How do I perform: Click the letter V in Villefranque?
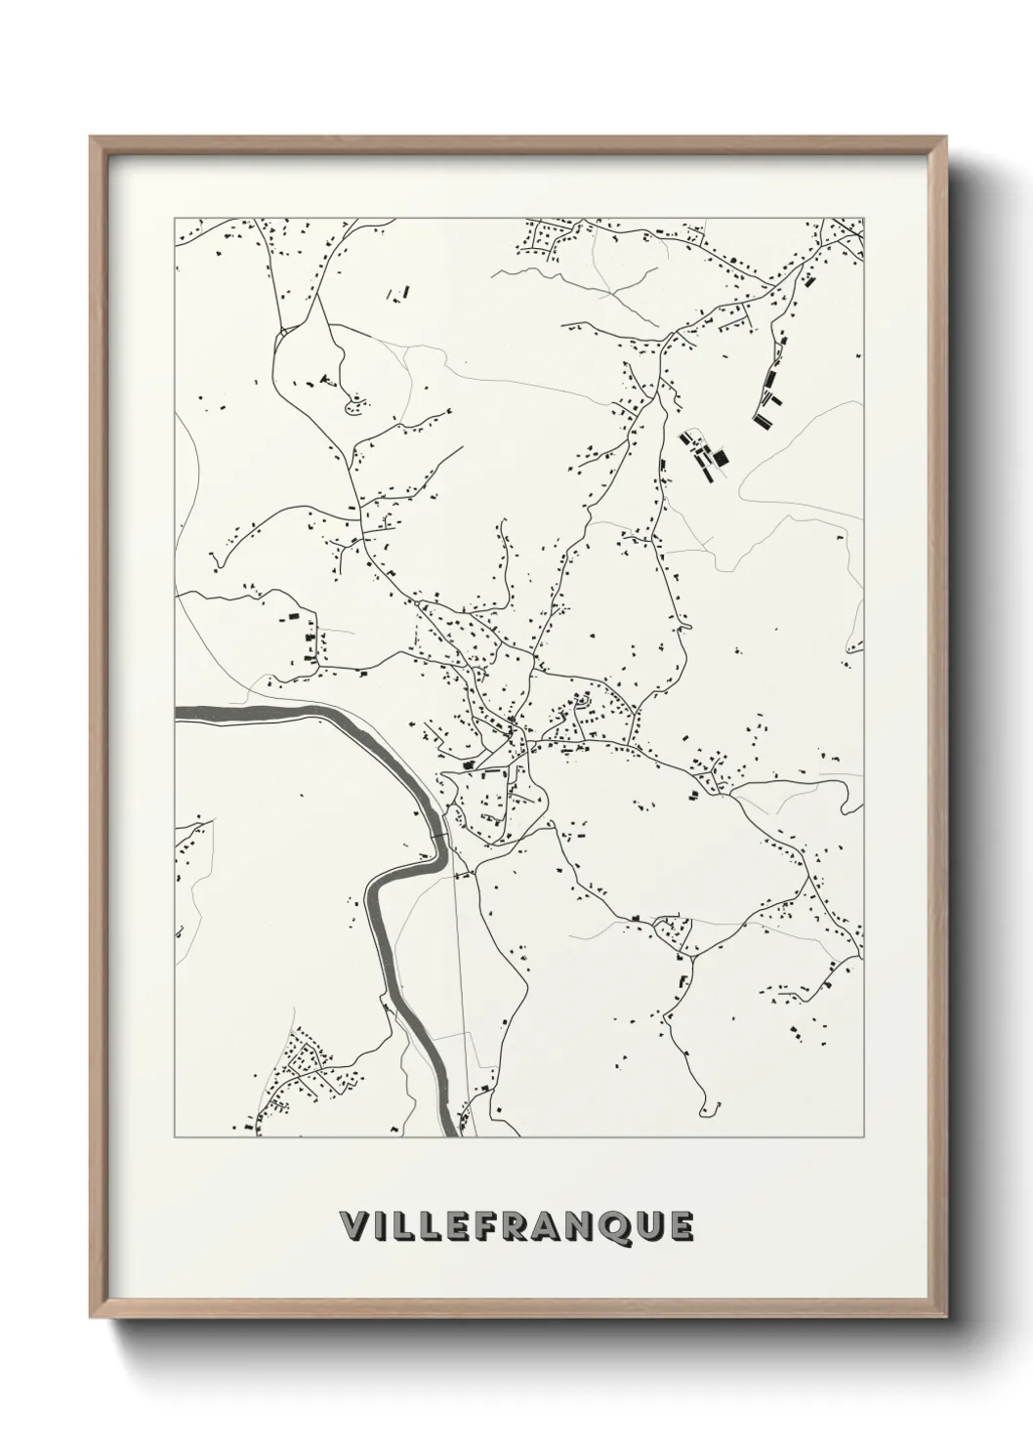[x=351, y=1226]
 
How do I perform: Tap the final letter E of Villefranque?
[x=681, y=1226]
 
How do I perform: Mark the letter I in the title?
[x=377, y=1226]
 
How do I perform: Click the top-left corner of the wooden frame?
[x=92, y=138]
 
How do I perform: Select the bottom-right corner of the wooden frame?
[x=944, y=1315]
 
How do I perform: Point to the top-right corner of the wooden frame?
[x=944, y=138]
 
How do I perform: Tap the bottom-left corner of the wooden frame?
[x=92, y=1315]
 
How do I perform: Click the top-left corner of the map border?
[x=175, y=218]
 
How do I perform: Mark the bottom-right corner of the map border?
[x=864, y=1136]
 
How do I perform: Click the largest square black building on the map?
[x=722, y=457]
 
